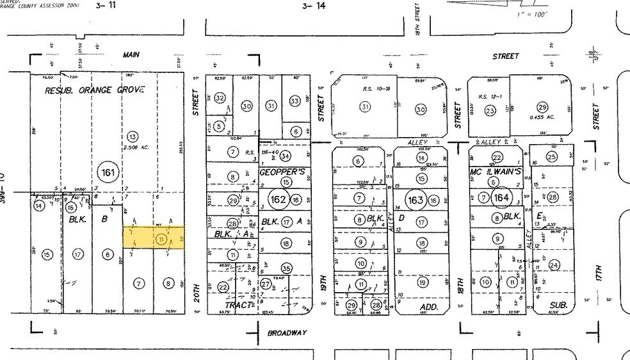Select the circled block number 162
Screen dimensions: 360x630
coord(279,199)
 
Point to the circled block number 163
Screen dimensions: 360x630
coord(416,200)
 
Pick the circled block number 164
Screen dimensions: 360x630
coord(501,197)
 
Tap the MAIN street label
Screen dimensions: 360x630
coord(132,55)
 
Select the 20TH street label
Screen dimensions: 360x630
coord(198,294)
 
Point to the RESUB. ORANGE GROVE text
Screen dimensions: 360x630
coord(95,90)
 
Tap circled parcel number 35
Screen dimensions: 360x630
coord(286,268)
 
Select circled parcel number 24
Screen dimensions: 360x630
coord(554,265)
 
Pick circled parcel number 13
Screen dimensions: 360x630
coord(133,136)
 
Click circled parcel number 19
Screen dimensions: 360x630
coord(421,282)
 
